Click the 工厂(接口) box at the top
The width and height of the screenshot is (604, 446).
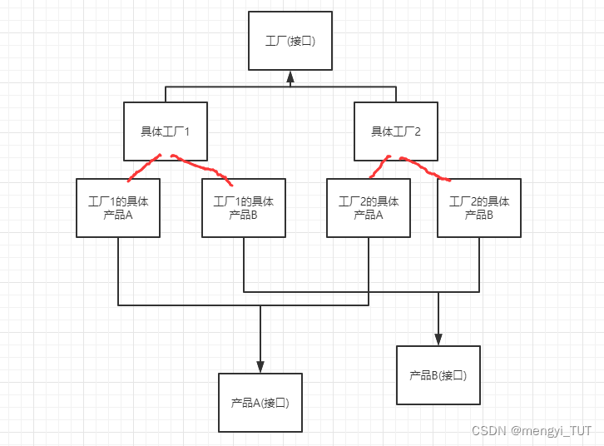[x=290, y=40]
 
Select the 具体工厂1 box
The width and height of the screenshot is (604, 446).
[x=165, y=131]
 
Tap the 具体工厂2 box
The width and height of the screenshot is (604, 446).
[x=395, y=131]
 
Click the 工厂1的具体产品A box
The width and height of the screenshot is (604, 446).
[x=118, y=208]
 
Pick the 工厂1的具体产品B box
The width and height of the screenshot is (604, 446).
[x=244, y=208]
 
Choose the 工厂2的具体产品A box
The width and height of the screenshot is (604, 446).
[x=369, y=208]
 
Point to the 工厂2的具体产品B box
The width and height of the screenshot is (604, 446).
[x=479, y=208]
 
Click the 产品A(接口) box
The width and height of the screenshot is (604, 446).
[x=260, y=403]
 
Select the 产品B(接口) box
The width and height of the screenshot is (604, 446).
[x=438, y=375]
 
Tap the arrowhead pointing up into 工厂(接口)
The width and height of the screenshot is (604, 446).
[x=290, y=77]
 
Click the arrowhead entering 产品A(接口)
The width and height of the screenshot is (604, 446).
[x=260, y=367]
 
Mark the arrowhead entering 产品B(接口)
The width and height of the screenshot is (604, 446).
[x=438, y=339]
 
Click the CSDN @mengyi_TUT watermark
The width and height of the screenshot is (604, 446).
[x=532, y=431]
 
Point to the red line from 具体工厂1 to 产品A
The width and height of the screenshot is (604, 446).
[x=143, y=168]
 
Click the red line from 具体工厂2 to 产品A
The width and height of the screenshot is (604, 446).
[x=379, y=167]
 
